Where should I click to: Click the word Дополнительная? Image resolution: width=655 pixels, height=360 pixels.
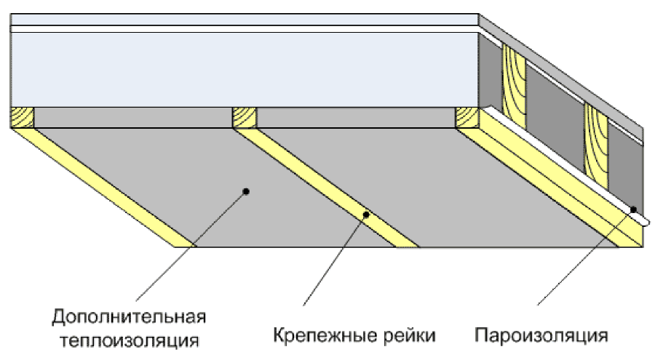(x=129, y=317)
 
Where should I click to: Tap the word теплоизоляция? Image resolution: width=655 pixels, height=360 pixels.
(x=130, y=340)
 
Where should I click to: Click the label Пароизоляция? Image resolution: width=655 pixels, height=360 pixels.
(x=541, y=335)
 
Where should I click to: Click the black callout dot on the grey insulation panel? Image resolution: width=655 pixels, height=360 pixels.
(x=246, y=191)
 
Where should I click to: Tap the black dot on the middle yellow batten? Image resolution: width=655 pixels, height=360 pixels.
(x=366, y=215)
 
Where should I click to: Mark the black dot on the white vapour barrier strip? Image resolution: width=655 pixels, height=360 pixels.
(x=633, y=209)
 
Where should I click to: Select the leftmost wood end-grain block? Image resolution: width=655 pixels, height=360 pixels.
(x=22, y=117)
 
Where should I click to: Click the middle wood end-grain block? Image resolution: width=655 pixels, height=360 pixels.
(x=245, y=117)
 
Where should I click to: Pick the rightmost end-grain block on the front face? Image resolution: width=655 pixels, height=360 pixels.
(x=467, y=117)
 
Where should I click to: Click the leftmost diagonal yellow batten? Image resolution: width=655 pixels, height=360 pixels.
(x=103, y=187)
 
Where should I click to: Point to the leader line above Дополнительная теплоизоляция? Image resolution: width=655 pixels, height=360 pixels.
(x=191, y=246)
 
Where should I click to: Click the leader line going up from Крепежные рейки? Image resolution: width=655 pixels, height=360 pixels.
(x=335, y=260)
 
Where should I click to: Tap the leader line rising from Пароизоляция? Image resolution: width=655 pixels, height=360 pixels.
(x=585, y=257)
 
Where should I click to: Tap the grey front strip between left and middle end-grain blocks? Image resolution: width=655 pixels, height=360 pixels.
(x=133, y=117)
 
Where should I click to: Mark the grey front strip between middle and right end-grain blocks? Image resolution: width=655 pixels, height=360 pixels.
(x=356, y=117)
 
